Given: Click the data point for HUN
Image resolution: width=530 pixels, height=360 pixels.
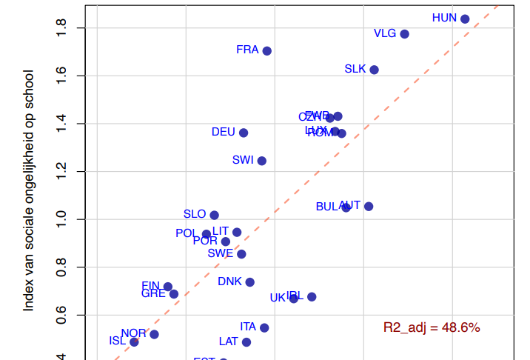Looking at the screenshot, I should tap(465, 19).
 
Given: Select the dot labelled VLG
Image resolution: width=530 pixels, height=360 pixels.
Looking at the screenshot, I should tap(404, 34).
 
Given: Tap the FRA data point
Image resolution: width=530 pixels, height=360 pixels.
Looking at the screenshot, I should tap(267, 51).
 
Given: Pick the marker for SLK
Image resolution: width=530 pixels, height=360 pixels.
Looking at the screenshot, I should tap(374, 70).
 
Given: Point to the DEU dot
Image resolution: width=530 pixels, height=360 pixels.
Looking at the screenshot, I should tap(244, 133).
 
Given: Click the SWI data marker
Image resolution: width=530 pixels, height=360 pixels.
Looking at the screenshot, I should tap(261, 161).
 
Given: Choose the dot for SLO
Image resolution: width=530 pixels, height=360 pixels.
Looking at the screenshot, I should tap(214, 215).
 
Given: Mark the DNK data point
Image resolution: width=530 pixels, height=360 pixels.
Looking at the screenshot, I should tap(250, 282).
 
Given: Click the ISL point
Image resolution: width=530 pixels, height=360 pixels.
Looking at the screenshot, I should tap(134, 342).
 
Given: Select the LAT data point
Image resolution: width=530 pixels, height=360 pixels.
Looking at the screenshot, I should tap(246, 342).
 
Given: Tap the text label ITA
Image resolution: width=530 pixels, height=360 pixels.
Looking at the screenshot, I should tap(248, 327).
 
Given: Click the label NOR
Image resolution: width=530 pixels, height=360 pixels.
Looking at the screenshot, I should tap(134, 333).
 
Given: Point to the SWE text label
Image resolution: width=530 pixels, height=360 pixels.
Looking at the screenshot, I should tap(220, 253).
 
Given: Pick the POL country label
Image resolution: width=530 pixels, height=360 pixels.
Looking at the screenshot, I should tap(187, 233).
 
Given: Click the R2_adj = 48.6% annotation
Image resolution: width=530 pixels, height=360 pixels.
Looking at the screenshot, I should tap(432, 327).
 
